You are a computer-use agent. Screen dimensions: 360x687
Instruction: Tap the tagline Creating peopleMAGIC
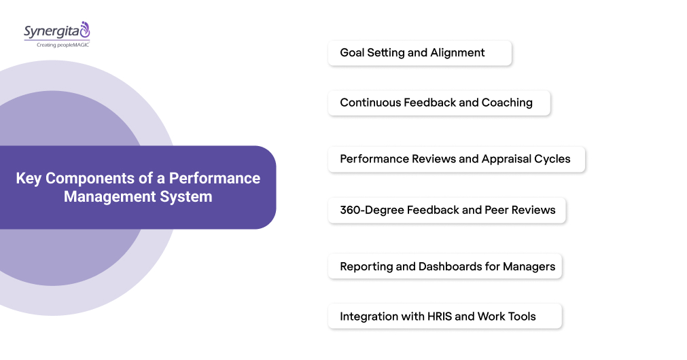(57, 44)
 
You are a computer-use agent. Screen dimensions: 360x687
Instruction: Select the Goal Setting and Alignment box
(419, 53)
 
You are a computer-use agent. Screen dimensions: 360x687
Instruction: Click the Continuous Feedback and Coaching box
(438, 103)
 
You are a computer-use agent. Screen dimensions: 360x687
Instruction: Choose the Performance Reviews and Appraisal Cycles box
(456, 160)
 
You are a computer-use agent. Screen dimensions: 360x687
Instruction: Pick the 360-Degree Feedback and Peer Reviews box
(446, 211)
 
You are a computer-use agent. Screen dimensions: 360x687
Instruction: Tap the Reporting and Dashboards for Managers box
(444, 266)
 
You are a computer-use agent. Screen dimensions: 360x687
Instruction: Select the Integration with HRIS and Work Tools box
(444, 317)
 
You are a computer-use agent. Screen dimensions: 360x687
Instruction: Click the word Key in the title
(28, 179)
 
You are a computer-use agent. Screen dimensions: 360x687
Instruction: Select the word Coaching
(507, 103)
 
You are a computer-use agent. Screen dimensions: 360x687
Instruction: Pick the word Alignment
(458, 53)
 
